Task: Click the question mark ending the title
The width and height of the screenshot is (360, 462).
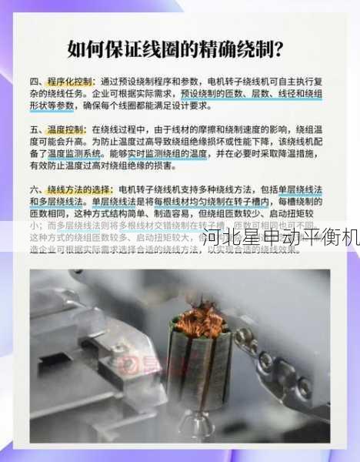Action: (x=278, y=50)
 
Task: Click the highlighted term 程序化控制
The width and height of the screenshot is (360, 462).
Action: (x=70, y=82)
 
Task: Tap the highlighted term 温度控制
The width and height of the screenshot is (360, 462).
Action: (x=67, y=129)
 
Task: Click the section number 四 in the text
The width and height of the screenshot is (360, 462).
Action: (x=35, y=82)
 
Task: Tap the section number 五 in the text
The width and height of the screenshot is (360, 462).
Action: (x=35, y=129)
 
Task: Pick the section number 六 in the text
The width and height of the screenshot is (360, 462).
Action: (x=35, y=189)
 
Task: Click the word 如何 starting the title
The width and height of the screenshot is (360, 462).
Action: (x=82, y=50)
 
